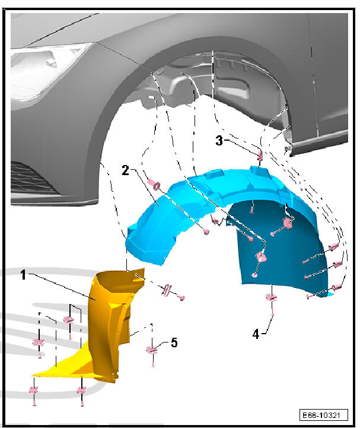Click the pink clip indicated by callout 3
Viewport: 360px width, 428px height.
[x=260, y=156]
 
